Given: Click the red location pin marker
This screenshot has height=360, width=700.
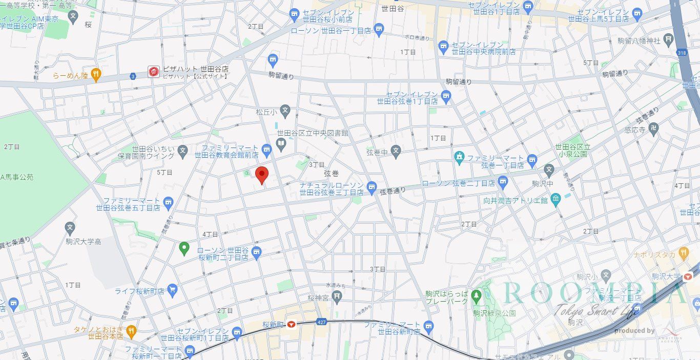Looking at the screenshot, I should tap(262, 174).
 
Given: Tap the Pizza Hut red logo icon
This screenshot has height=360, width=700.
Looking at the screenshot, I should tap(154, 72).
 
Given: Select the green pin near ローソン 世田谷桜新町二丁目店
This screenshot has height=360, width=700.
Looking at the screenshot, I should tap(184, 249).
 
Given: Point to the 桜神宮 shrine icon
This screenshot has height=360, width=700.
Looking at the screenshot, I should tap(337, 295).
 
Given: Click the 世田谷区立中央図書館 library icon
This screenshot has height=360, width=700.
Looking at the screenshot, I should tap(281, 145).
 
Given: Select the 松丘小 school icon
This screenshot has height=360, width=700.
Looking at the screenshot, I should tap(285, 110).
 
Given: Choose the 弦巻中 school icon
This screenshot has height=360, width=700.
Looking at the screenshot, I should tap(395, 151).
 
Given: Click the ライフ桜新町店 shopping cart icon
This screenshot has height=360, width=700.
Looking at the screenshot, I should tap(172, 291).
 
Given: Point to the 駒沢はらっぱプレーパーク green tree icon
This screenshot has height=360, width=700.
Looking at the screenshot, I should tap(477, 295).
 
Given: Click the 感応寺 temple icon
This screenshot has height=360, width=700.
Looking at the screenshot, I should tap(653, 130).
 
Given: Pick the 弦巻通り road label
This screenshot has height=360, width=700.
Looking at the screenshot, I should tap(393, 190).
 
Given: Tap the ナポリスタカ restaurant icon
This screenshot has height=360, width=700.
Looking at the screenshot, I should tap(683, 252).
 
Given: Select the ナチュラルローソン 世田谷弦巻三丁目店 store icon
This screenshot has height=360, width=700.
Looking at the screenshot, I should tap(372, 186).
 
